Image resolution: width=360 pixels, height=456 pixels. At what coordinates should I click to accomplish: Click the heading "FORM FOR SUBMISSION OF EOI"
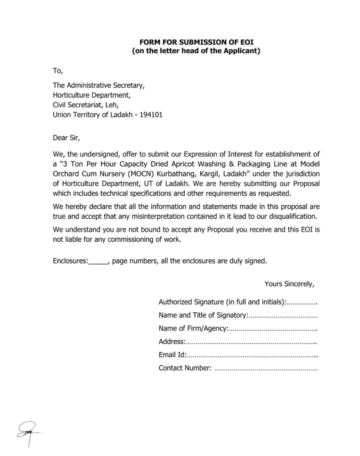[196, 43]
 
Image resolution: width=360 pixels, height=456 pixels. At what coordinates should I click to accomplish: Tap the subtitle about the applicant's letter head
[196, 51]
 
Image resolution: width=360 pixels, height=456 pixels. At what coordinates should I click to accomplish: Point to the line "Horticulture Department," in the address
[91, 94]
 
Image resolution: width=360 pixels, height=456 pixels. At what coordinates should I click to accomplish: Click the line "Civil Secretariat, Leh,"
[86, 105]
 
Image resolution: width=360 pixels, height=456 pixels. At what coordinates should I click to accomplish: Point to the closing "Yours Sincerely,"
[290, 284]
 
